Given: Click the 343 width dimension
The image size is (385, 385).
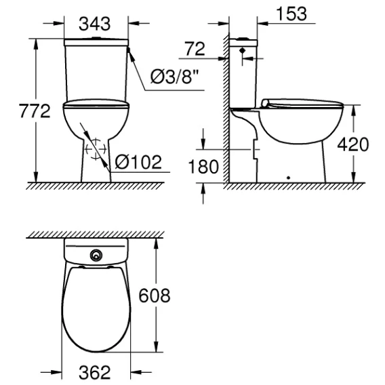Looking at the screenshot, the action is click(94, 24).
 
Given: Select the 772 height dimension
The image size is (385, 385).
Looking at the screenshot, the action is click(35, 110).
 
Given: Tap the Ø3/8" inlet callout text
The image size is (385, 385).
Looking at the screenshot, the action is click(175, 77).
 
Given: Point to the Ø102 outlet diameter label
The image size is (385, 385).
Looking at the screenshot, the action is click(138, 162).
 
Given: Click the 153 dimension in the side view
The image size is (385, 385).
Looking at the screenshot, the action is click(291, 14).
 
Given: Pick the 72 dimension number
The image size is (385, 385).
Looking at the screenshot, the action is click(195, 49).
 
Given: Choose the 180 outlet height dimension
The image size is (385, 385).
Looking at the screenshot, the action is click(203, 167).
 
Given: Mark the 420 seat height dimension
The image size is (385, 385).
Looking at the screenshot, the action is click(353, 144).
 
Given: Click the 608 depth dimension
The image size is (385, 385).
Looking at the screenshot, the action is click(154, 296).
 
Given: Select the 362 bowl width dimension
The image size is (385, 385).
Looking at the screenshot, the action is click(95, 372).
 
